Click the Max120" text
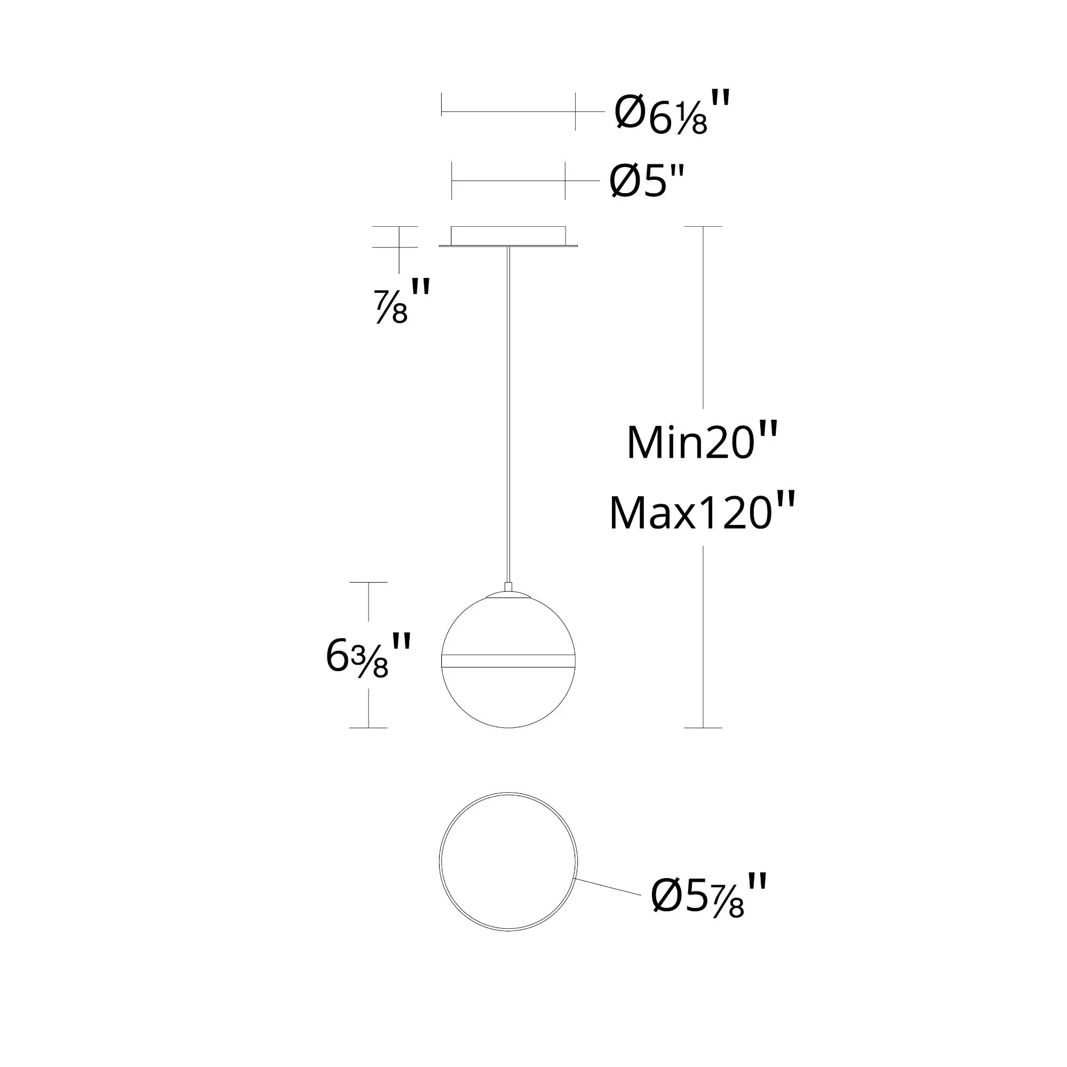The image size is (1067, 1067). (702, 513)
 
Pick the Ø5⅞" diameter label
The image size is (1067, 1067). (708, 899)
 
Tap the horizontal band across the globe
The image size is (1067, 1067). (508, 662)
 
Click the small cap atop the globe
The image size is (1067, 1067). (508, 594)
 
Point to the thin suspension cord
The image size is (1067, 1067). (508, 414)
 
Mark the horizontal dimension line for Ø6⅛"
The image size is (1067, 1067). (508, 112)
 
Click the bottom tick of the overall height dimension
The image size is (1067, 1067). (703, 727)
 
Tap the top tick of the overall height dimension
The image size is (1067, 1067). (703, 226)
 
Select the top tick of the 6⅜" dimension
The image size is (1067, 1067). (368, 582)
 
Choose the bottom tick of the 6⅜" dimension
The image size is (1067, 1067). (368, 727)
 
